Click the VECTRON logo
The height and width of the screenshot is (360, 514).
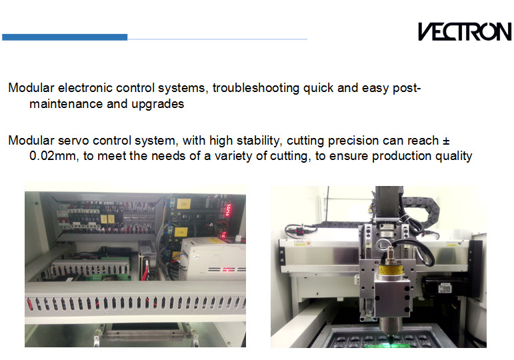[465, 31]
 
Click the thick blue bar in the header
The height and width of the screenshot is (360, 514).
[65, 37]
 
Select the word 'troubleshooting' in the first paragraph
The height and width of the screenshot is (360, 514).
[256, 88]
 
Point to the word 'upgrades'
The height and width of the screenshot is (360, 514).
[158, 104]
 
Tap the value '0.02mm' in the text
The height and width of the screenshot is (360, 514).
[53, 156]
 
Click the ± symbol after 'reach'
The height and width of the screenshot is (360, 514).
[446, 141]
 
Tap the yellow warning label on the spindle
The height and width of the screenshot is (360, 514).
[391, 270]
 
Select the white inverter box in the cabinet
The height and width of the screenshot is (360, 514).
[213, 259]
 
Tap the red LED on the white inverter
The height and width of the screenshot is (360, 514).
[227, 270]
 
